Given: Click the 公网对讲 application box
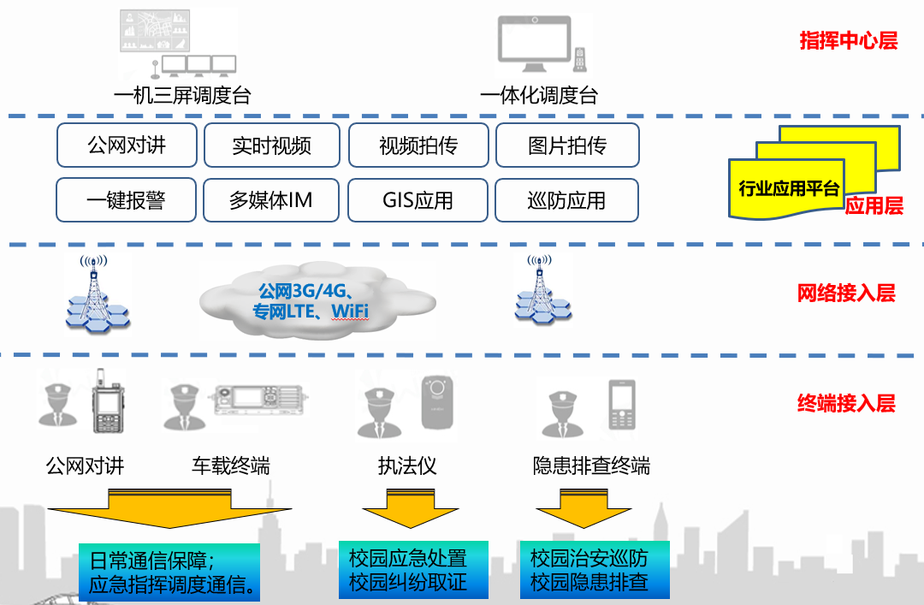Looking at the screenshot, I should pyautogui.click(x=127, y=145).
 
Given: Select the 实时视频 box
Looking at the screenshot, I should pyautogui.click(x=271, y=145).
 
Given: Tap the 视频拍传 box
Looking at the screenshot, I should pyautogui.click(x=418, y=145).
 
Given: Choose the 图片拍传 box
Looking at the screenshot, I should pyautogui.click(x=566, y=145).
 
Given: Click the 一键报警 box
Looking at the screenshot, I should pyautogui.click(x=126, y=200).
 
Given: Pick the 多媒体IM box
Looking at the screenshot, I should pyautogui.click(x=270, y=200).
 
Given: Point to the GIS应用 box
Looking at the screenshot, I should pyautogui.click(x=418, y=200).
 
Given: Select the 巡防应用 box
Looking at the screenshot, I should pyautogui.click(x=566, y=200).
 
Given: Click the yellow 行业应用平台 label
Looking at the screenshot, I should pyautogui.click(x=789, y=189).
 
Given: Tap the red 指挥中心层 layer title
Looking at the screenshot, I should pyautogui.click(x=848, y=40).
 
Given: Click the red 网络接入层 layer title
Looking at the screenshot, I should pyautogui.click(x=846, y=294).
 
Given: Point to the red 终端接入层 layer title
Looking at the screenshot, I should pyautogui.click(x=846, y=403).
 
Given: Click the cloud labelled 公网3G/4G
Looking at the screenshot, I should pyautogui.click(x=317, y=300).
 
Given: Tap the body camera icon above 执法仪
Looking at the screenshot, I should pyautogui.click(x=441, y=400).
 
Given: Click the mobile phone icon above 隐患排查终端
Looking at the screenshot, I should pyautogui.click(x=622, y=405).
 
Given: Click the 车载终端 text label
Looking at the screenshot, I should pyautogui.click(x=231, y=466).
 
